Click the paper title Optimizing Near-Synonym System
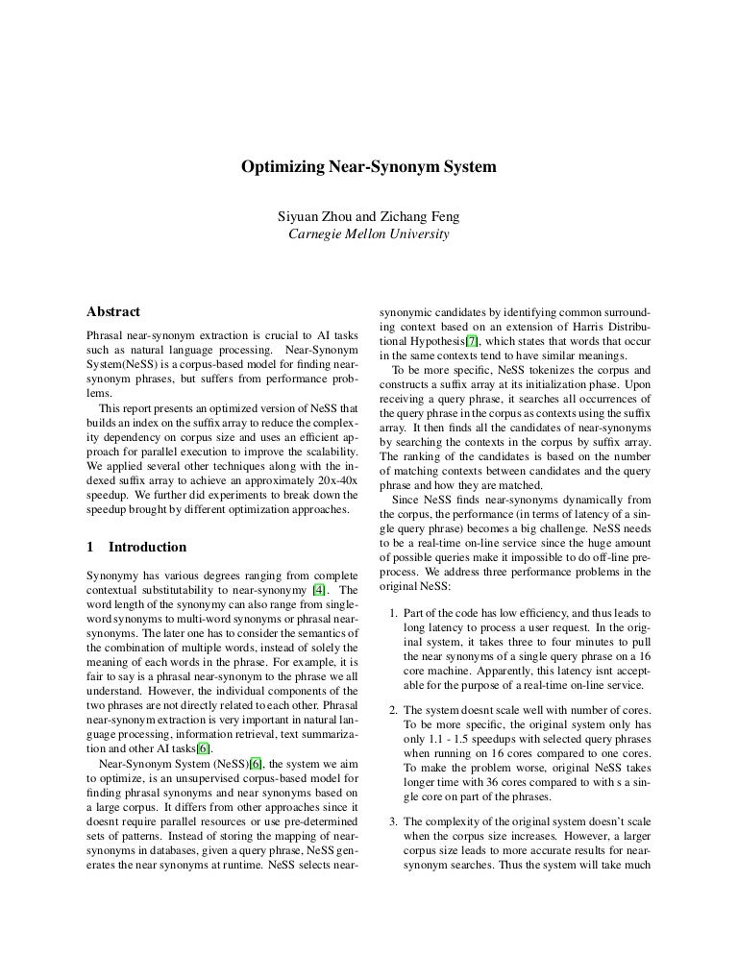pyautogui.click(x=368, y=167)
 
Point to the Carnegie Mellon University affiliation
pyautogui.click(x=368, y=233)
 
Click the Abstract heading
pyautogui.click(x=113, y=312)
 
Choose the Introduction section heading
pyautogui.click(x=147, y=547)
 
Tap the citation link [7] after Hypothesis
pyautogui.click(x=471, y=342)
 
